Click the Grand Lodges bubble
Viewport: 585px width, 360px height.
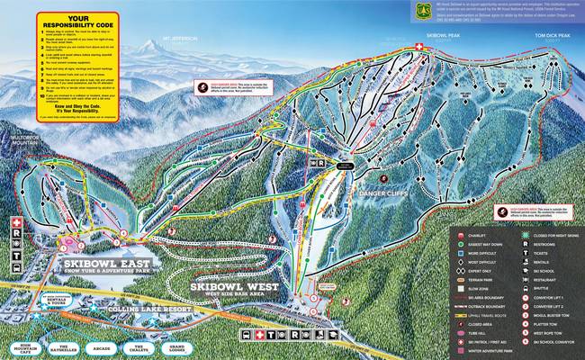click(178, 347)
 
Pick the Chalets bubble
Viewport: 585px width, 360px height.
click(139, 347)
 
